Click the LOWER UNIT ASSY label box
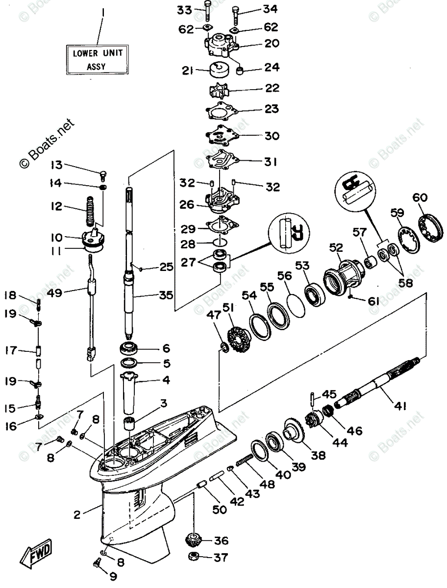pos(99,58)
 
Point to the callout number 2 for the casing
pos(77,514)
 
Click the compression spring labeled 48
pos(245,461)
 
